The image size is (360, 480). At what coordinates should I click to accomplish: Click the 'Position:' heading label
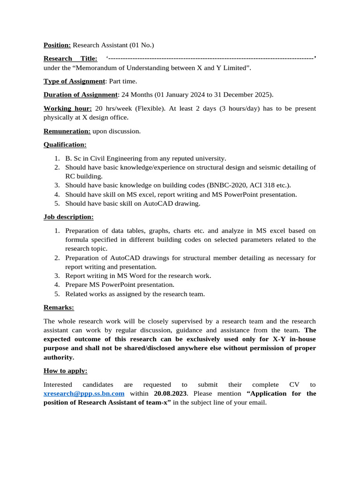tap(57, 45)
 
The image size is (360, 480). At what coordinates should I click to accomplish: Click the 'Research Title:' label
tap(70, 59)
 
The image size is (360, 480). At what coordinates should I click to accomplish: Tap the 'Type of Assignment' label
tap(74, 81)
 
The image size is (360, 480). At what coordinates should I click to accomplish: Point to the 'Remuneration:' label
tap(67, 131)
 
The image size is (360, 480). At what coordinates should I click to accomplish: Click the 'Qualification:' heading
tap(65, 145)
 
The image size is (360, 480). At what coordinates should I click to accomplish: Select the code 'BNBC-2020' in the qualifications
tap(223, 185)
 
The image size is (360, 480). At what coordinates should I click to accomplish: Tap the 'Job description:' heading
tap(68, 217)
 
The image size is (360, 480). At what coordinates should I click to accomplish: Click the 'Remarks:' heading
tap(59, 307)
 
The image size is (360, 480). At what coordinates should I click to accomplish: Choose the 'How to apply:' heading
tap(66, 371)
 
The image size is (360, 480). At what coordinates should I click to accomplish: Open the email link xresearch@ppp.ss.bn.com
tap(84, 394)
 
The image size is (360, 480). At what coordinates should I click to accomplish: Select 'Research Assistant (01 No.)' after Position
tap(113, 45)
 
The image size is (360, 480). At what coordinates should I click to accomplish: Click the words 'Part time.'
tap(123, 81)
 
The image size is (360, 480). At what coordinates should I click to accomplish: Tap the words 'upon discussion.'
tap(116, 131)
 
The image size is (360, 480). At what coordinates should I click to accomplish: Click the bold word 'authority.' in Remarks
tap(59, 357)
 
